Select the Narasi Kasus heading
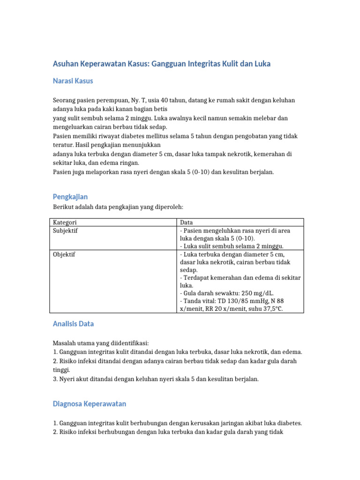pyautogui.click(x=73, y=81)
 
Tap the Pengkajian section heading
pyautogui.click(x=70, y=196)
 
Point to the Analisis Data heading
pyautogui.click(x=73, y=324)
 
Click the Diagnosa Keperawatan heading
pyautogui.click(x=90, y=404)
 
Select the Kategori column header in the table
pyautogui.click(x=65, y=222)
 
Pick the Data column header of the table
pyautogui.click(x=186, y=222)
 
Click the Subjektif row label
pyautogui.click(x=65, y=231)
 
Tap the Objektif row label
pyautogui.click(x=64, y=255)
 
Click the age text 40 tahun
pyautogui.click(x=177, y=100)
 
